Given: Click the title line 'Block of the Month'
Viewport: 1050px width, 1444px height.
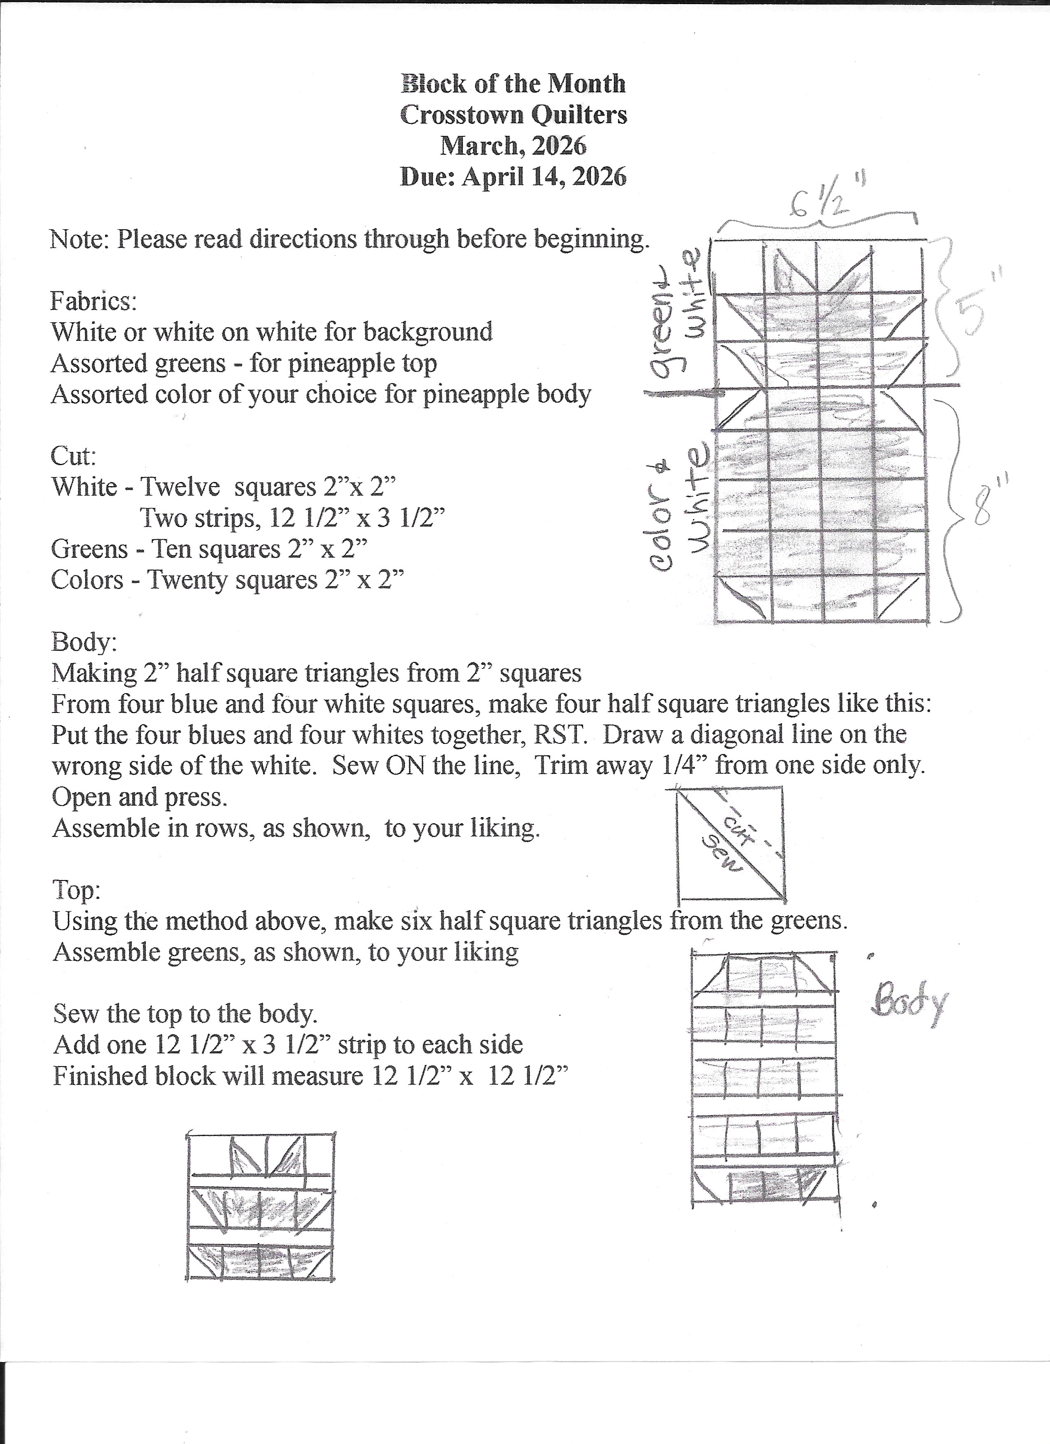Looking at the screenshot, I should click(513, 84).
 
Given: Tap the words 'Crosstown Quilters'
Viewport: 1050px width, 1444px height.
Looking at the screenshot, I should click(513, 114).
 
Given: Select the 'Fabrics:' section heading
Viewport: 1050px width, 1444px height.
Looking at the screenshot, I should click(93, 300).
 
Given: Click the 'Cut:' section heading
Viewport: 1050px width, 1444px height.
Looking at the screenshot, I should click(73, 456).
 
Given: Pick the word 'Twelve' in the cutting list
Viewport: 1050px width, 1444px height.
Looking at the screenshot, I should click(180, 488).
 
